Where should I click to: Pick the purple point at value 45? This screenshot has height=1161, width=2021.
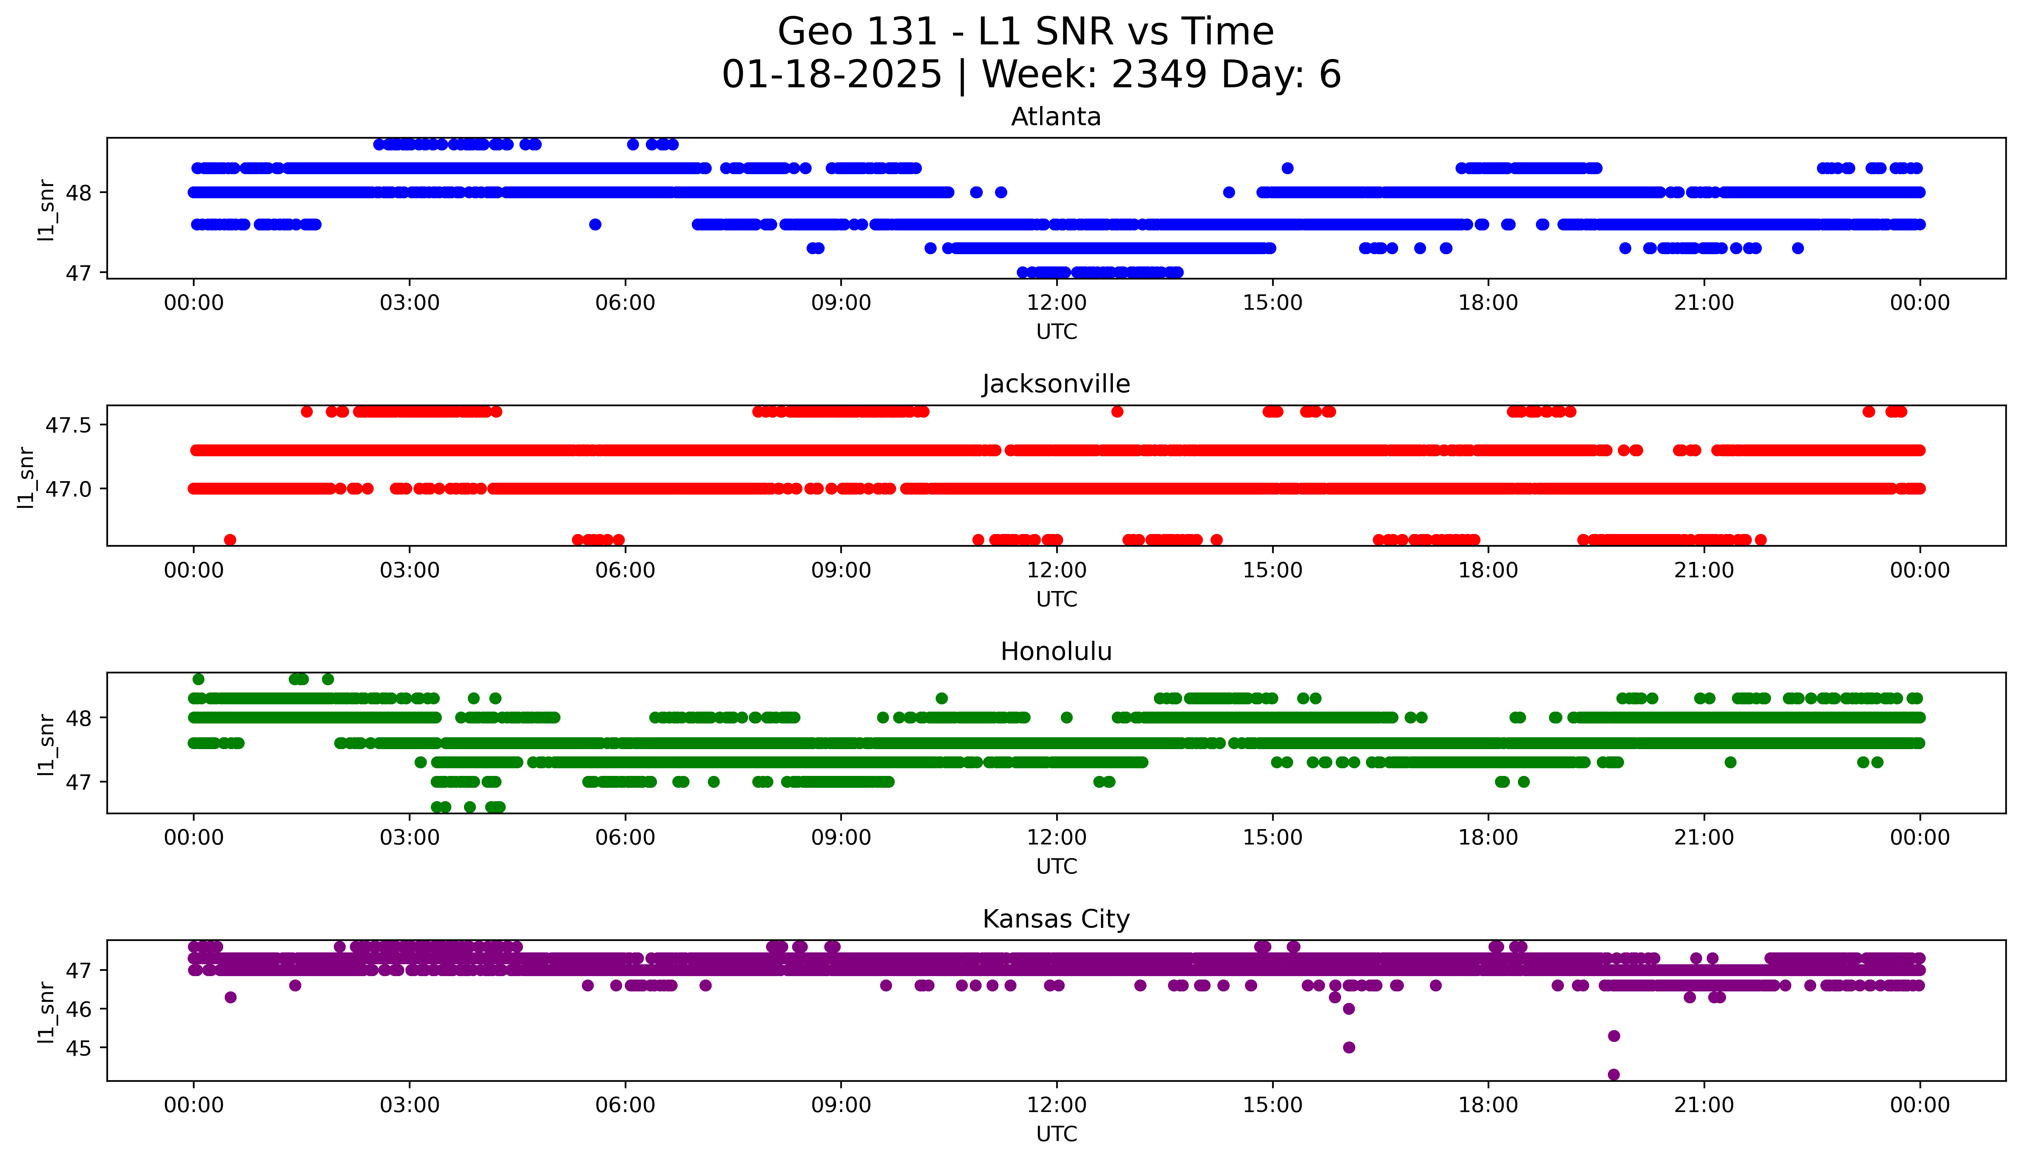(x=1348, y=1047)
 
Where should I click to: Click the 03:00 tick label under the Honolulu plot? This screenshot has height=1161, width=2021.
(x=410, y=837)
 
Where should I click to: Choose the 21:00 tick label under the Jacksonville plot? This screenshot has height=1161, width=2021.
(x=1704, y=570)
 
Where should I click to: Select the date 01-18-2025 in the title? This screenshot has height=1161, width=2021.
(x=832, y=75)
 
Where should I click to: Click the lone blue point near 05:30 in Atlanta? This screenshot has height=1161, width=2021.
(x=595, y=224)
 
